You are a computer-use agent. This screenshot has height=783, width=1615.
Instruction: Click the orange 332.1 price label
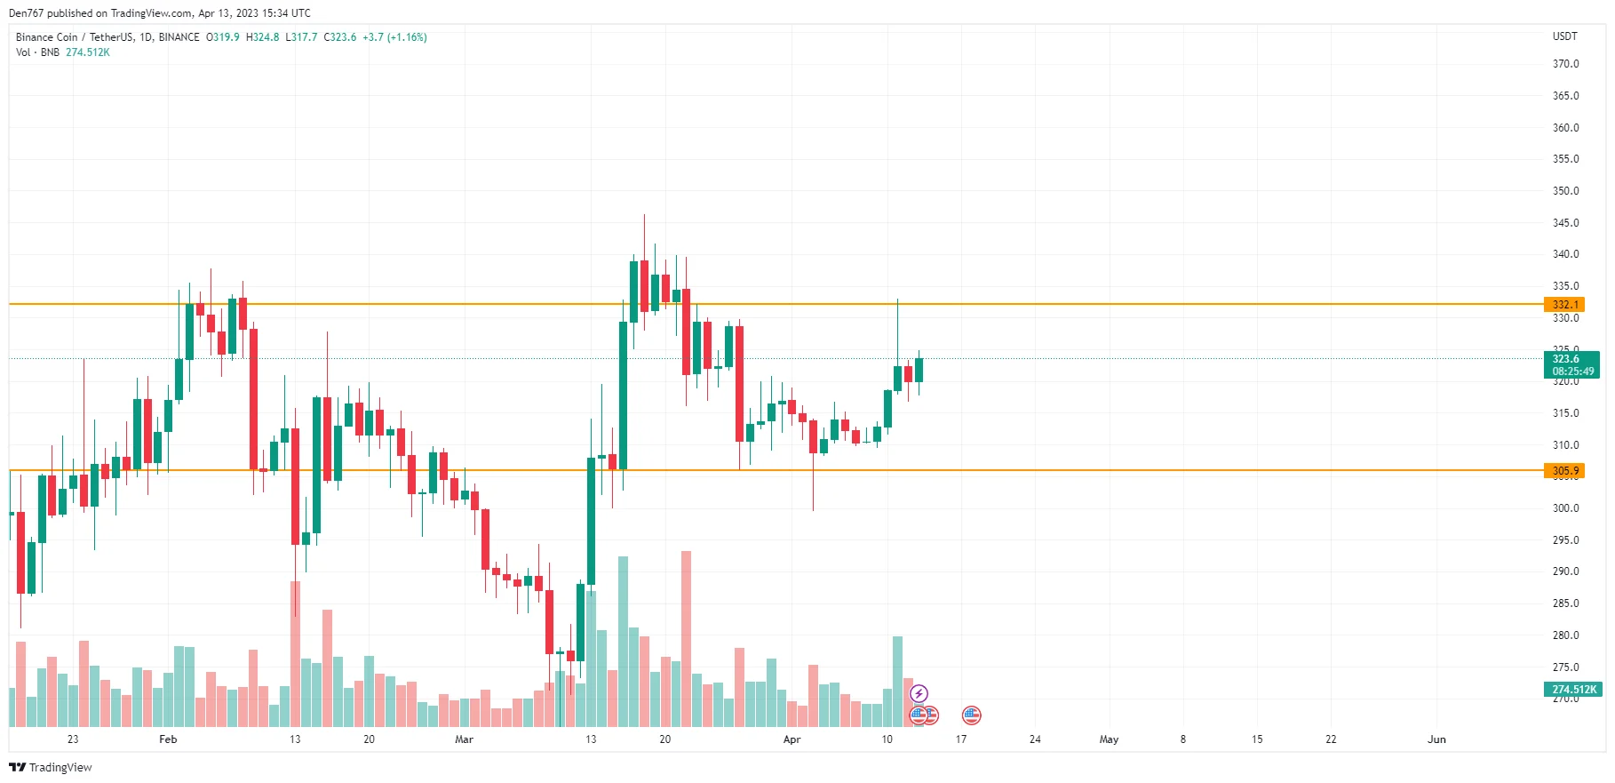click(1564, 305)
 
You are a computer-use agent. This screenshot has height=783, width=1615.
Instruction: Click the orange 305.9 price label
click(1564, 471)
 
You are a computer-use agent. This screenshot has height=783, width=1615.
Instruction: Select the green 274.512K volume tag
click(1573, 690)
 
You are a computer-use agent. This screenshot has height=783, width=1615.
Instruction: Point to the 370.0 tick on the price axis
click(1565, 64)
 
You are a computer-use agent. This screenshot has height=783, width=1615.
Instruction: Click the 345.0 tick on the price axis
click(1565, 223)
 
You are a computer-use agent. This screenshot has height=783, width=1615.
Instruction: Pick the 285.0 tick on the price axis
click(1565, 603)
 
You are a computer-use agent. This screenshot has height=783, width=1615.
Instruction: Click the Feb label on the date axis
click(168, 739)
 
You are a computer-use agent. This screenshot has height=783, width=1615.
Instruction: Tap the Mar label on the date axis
click(464, 739)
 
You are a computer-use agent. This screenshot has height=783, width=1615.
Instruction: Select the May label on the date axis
click(1109, 739)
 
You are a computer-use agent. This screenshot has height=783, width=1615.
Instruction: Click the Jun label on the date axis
click(1436, 739)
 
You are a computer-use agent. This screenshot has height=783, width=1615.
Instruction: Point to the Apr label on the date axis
click(792, 739)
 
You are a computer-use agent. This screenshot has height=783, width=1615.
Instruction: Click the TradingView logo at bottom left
click(51, 768)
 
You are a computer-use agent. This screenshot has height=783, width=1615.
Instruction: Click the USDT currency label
click(1564, 36)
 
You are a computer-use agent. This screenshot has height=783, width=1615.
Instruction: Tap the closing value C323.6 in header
click(340, 37)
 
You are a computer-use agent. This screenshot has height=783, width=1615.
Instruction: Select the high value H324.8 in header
click(262, 37)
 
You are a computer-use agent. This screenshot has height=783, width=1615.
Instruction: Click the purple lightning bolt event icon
click(919, 693)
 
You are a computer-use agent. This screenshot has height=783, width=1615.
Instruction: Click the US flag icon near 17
click(971, 715)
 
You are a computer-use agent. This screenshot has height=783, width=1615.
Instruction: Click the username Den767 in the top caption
click(26, 13)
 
